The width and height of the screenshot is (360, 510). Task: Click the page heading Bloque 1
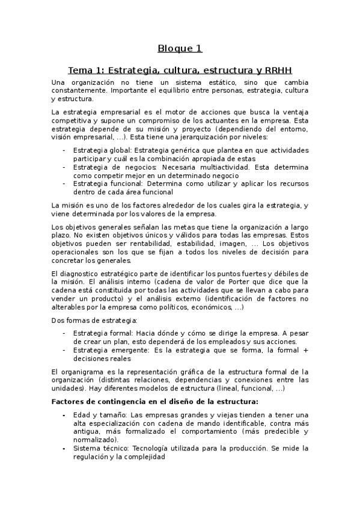pos(180,48)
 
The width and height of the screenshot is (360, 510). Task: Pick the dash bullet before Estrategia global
pos(64,150)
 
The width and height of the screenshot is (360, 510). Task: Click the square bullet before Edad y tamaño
pos(64,414)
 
